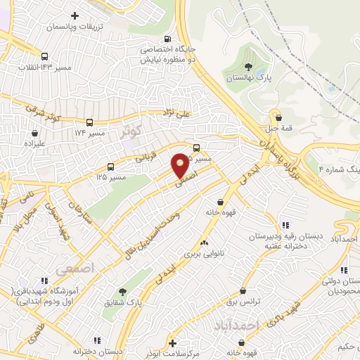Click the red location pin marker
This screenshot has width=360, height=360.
[x=181, y=165]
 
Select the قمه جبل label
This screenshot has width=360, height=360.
[x=280, y=129]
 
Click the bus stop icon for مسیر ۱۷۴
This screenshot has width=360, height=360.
[x=89, y=121]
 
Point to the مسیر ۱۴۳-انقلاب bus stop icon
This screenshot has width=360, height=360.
[x=45, y=57]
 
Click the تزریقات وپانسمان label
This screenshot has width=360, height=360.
[x=74, y=25]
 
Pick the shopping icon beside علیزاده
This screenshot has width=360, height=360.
[x=34, y=131]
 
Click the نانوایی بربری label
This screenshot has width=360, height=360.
[x=204, y=251]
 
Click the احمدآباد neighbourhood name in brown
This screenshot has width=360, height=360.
[x=255, y=325]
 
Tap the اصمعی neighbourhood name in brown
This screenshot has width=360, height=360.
[x=74, y=269]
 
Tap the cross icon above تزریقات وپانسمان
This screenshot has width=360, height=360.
[x=75, y=14]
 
